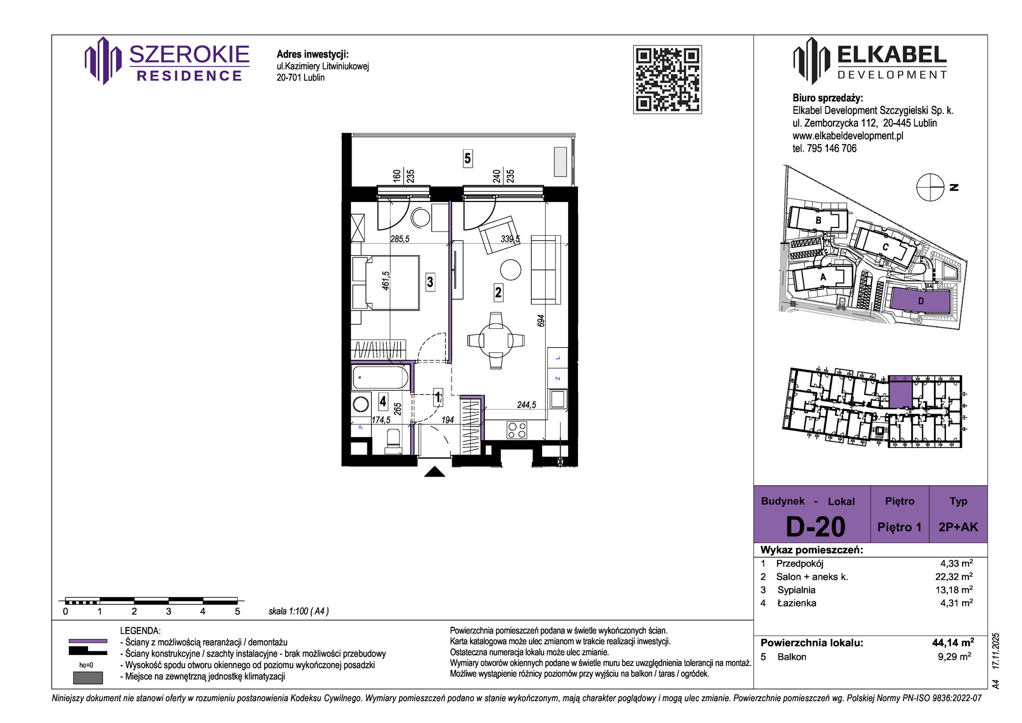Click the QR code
pos(667,79)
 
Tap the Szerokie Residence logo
pos(167,61)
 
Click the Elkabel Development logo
pos(870,61)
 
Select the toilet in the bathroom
pos(393,441)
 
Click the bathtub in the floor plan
pos(381,378)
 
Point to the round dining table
pos(496,340)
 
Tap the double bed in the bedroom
pos(386,283)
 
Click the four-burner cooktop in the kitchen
pos(517,431)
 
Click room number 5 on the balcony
pos(468,159)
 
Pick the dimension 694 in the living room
pos(541,321)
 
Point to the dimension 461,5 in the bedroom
pos(386,281)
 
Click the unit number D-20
pos(816,527)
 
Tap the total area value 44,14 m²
pos(953,643)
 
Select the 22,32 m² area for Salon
pos(954,577)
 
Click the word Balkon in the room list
pos(792,657)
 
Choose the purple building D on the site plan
pos(921,301)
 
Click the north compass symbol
pos(931,187)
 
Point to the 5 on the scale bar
pos(237,612)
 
